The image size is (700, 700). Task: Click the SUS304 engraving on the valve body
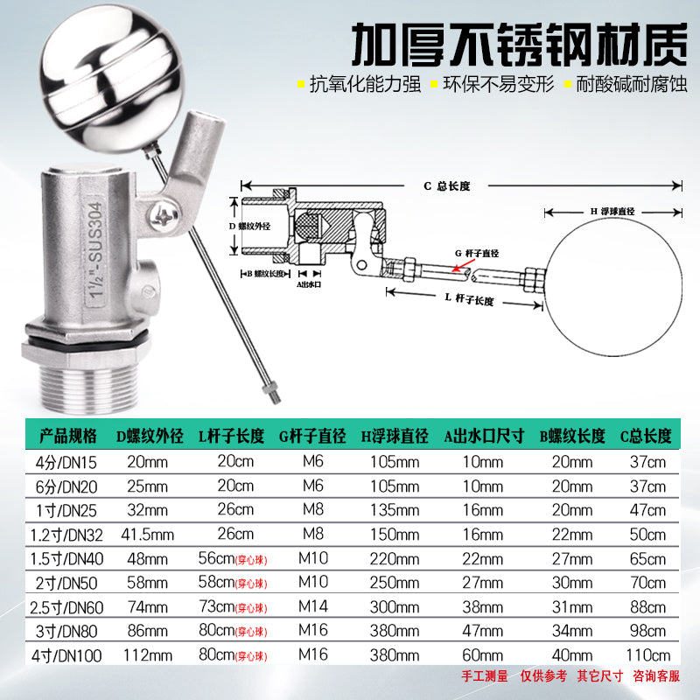coord(95,251)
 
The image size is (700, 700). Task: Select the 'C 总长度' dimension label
coord(446,186)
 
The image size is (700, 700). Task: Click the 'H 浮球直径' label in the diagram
coord(612,211)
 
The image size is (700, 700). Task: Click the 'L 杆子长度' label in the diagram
coord(469,299)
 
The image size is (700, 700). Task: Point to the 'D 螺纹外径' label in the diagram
coord(249,227)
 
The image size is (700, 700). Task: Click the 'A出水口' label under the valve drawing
coord(309,284)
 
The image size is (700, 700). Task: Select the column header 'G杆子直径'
coord(312,436)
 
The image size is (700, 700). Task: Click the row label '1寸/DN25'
coord(66,511)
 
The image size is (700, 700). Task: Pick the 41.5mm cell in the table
coord(147,535)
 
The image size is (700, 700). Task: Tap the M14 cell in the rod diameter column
coord(313,606)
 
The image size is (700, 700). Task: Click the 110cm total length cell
coord(647,654)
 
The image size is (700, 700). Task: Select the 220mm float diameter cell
coord(395,558)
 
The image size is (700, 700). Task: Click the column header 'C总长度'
coord(646,436)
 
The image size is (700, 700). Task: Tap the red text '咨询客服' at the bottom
coord(656,675)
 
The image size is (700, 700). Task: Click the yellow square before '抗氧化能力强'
coord(301,83)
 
